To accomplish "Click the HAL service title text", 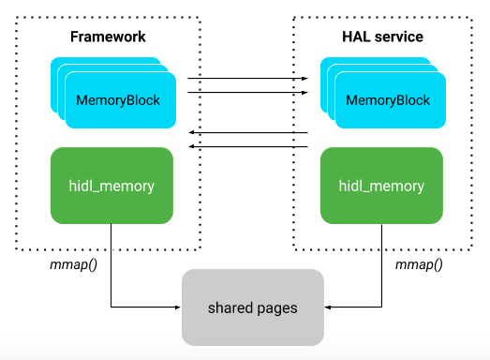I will click(380, 37).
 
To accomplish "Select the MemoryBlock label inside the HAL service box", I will click(388, 99).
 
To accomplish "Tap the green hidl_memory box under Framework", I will click(112, 186).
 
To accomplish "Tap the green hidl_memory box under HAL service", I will click(381, 186).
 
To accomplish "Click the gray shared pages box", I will click(252, 307).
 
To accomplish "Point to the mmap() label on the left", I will click(68, 265).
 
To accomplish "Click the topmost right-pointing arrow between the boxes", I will click(248, 81).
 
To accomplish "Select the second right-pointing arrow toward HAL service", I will click(248, 94).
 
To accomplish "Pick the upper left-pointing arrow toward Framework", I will click(248, 133).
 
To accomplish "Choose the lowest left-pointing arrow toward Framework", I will click(248, 146).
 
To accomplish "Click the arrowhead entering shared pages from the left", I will click(177, 307).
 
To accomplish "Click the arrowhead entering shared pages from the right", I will click(327, 307).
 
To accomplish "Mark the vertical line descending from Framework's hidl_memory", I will click(112, 262).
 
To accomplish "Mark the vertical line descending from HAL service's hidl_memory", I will click(381, 262).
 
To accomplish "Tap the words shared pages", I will click(252, 307).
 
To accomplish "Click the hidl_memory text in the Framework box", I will click(112, 186).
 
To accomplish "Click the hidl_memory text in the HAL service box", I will click(381, 186).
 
